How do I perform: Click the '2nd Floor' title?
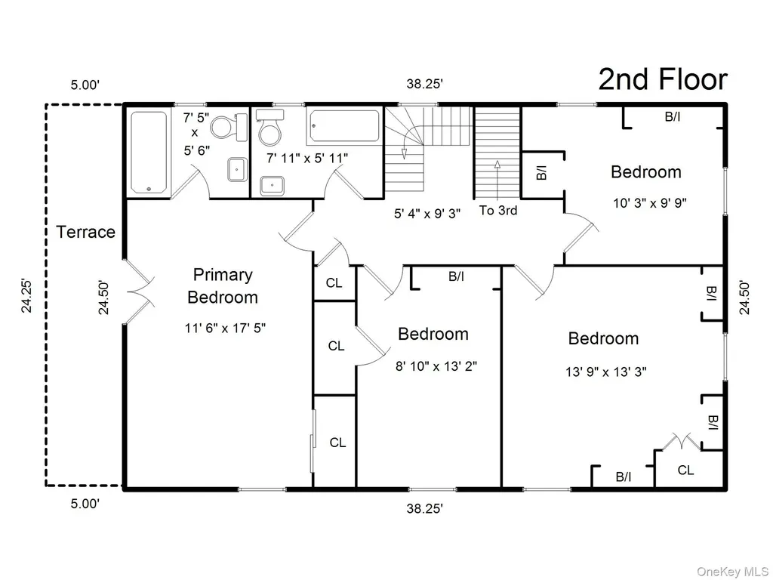click(663, 80)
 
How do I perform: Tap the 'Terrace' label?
click(86, 232)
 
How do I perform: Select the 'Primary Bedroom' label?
click(223, 286)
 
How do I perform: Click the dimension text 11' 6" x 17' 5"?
click(225, 328)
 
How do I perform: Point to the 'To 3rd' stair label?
click(498, 211)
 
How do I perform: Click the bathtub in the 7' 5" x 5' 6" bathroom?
click(149, 153)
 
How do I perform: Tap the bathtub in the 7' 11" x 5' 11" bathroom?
click(343, 127)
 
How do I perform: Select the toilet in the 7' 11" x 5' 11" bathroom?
click(270, 127)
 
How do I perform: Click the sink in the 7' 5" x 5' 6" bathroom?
click(238, 170)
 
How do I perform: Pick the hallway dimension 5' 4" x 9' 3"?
click(427, 214)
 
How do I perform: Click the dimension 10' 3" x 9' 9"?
click(650, 202)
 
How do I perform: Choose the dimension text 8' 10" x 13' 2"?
click(436, 366)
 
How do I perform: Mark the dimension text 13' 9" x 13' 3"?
click(606, 372)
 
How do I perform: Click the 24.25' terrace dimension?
click(26, 296)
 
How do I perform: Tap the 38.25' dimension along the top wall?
click(424, 84)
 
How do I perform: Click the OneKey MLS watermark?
click(731, 572)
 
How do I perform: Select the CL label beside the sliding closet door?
click(337, 443)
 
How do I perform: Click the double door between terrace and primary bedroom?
click(139, 292)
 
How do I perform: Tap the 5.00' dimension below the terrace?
click(85, 504)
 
